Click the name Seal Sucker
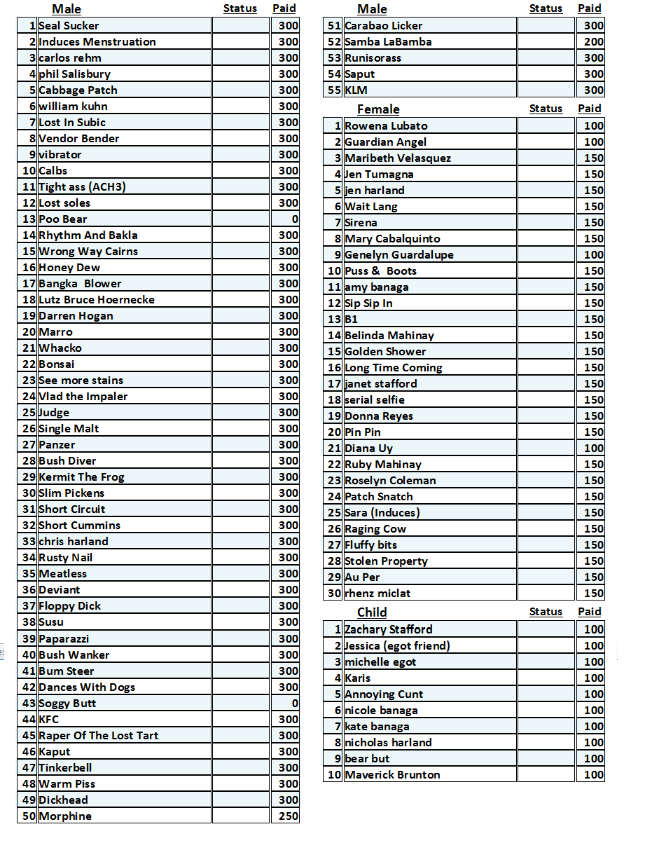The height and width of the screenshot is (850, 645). (x=69, y=26)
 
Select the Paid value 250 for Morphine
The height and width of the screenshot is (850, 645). (x=288, y=816)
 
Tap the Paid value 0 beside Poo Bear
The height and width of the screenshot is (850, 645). (x=294, y=219)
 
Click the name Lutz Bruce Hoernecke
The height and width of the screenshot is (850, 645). (x=97, y=300)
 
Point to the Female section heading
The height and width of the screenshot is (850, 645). (x=378, y=109)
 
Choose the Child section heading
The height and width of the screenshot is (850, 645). (x=372, y=612)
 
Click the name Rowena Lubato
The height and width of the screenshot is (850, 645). (x=386, y=126)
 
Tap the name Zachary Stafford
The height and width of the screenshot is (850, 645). (x=389, y=629)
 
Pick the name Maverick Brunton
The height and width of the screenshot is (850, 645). (x=392, y=775)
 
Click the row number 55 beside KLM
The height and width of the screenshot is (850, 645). (x=334, y=90)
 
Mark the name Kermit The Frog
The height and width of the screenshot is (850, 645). (x=81, y=477)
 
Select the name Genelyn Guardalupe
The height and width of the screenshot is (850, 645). (x=399, y=255)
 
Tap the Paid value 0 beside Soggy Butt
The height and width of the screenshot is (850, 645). (x=294, y=704)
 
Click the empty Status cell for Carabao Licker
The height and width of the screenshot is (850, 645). (x=546, y=26)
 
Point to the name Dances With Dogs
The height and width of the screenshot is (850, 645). (x=87, y=687)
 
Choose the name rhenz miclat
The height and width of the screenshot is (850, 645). (x=377, y=594)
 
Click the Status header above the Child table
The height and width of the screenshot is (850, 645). (x=546, y=612)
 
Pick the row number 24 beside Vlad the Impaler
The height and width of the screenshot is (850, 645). (x=29, y=397)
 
